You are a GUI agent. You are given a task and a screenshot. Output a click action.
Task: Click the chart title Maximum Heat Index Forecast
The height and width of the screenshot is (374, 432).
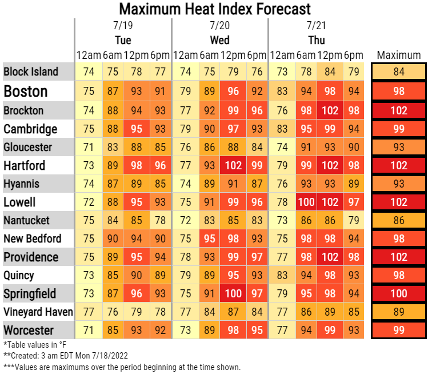(215, 9)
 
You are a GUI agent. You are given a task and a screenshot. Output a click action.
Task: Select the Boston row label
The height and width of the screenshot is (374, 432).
(26, 91)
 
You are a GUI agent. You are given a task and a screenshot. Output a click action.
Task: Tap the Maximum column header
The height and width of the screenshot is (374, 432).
(399, 55)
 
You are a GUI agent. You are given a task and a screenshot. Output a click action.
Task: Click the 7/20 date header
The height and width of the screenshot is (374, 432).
(219, 26)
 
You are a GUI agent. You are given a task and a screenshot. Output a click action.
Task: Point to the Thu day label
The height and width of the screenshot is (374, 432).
(316, 40)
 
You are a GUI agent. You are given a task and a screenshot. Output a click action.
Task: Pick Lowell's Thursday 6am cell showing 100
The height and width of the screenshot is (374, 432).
(306, 202)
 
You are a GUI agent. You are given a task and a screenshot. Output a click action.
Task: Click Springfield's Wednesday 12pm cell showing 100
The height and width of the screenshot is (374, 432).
(233, 293)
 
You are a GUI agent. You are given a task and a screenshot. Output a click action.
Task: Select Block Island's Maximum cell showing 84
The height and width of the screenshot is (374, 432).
(399, 72)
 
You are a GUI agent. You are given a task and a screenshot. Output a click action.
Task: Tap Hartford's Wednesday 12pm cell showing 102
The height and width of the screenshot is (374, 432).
(233, 165)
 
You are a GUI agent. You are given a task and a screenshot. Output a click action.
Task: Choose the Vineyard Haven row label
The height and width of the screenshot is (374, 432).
(38, 312)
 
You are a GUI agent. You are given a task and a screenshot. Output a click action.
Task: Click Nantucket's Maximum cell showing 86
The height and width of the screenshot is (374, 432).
(399, 220)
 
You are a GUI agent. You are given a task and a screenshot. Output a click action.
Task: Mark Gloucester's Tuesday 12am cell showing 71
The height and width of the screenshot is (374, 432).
(89, 147)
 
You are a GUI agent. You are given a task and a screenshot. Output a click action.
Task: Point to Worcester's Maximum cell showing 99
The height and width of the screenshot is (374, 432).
(399, 330)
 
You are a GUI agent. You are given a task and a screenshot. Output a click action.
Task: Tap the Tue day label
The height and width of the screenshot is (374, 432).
(123, 40)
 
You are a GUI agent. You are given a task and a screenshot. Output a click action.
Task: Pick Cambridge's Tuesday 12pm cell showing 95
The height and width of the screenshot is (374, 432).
(137, 129)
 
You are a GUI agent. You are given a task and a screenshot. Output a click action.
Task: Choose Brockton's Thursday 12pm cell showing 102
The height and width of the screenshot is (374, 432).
(330, 110)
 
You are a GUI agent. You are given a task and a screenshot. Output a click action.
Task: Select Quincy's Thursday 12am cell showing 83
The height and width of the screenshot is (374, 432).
(282, 275)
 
